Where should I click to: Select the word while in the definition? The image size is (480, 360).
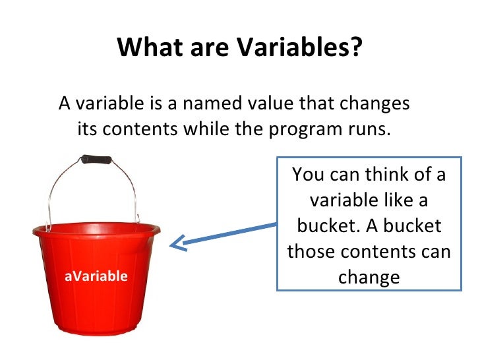click(x=206, y=129)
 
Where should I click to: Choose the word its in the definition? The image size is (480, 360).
click(x=88, y=129)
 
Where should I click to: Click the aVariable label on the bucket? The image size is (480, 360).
click(x=96, y=276)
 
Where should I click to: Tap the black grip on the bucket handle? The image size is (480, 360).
click(x=96, y=160)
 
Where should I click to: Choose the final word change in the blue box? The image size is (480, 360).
click(x=369, y=277)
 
